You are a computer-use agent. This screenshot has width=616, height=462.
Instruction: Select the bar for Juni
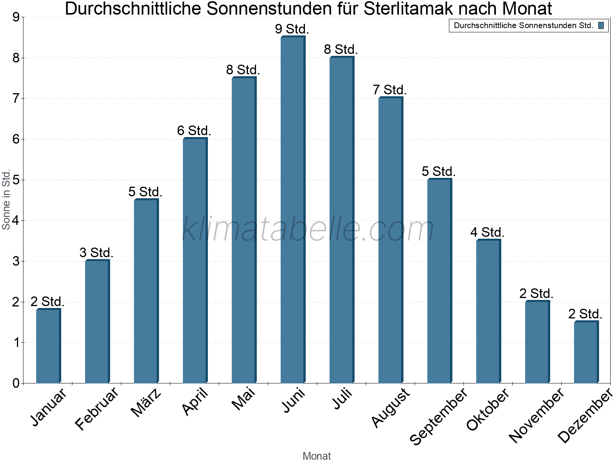(293, 210)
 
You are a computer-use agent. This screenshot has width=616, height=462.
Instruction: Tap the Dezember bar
(586, 352)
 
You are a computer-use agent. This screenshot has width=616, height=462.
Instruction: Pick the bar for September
(439, 281)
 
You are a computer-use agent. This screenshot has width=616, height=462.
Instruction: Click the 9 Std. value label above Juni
(292, 29)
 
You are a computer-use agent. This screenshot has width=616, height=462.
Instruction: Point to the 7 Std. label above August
(390, 90)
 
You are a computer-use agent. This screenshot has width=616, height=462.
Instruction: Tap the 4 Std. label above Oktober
(487, 233)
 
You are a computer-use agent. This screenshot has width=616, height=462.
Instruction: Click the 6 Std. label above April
(194, 131)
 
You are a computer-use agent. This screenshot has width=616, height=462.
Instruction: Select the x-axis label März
(146, 403)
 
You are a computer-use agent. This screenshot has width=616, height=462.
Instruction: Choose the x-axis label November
(536, 415)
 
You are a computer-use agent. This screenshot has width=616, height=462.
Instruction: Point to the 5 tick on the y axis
(16, 180)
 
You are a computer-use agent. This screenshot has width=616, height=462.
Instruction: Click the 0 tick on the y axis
(16, 383)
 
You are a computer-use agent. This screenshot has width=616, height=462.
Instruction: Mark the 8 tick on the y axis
(16, 58)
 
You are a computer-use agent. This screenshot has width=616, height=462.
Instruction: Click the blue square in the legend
(601, 26)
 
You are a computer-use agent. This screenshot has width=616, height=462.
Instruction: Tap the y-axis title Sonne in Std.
(6, 200)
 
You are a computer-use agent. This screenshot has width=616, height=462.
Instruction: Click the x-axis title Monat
(316, 456)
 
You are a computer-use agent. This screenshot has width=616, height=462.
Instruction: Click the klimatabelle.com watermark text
(308, 229)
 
